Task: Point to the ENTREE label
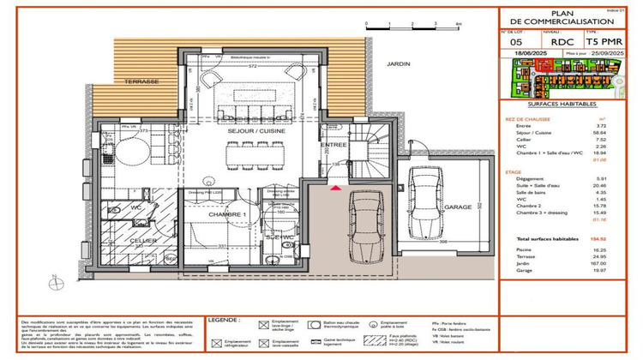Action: pos(334,145)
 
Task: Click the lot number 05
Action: pos(515,40)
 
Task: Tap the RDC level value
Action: pos(562,40)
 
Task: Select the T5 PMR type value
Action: pos(604,40)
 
